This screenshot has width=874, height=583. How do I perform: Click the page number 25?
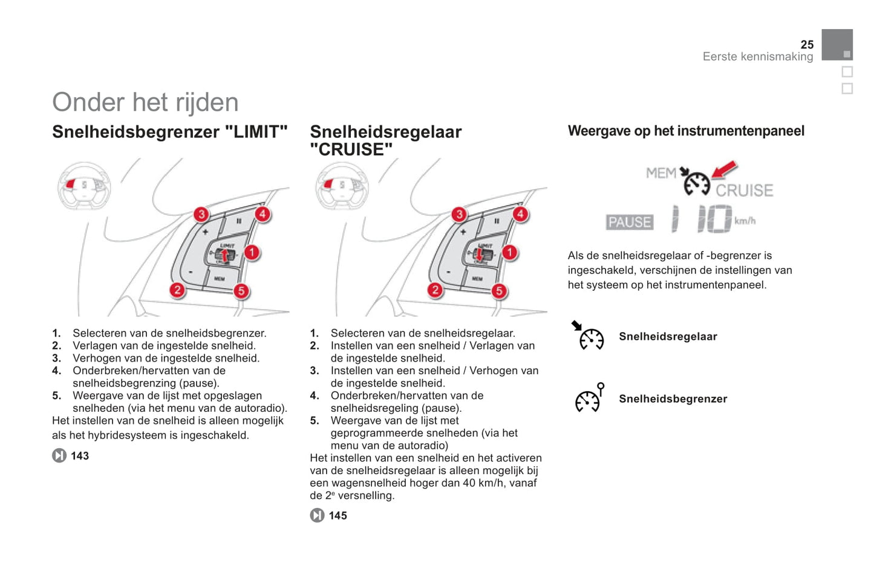[x=807, y=45]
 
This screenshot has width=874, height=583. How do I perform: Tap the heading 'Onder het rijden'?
[x=145, y=102]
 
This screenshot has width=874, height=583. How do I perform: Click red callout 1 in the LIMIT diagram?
[x=252, y=252]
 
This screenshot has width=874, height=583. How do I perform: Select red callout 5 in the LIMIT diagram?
[x=241, y=291]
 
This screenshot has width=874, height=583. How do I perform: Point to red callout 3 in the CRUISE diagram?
[x=459, y=214]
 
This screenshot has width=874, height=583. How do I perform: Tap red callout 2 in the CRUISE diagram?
[x=435, y=290]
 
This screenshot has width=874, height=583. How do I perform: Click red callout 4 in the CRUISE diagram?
[x=520, y=213]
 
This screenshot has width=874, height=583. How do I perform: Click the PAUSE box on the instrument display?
[x=630, y=222]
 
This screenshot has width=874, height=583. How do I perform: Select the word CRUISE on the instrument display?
[x=744, y=191]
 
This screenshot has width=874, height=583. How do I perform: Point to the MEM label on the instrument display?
[x=660, y=173]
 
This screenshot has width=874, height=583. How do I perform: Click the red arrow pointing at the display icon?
[x=725, y=169]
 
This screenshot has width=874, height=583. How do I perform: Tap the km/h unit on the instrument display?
[x=745, y=221]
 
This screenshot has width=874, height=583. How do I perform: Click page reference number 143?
[x=80, y=456]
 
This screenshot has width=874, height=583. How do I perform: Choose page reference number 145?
[x=338, y=516]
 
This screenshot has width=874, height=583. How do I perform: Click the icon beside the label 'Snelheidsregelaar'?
[x=589, y=336]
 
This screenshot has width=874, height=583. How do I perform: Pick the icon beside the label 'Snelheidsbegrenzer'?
[x=589, y=399]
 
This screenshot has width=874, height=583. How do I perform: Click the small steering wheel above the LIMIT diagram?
[x=84, y=185]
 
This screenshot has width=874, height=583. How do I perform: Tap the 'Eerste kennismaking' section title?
[x=757, y=57]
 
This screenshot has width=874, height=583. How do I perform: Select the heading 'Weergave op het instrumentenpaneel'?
[x=686, y=131]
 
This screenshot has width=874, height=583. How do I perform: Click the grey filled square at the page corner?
[x=836, y=45]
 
